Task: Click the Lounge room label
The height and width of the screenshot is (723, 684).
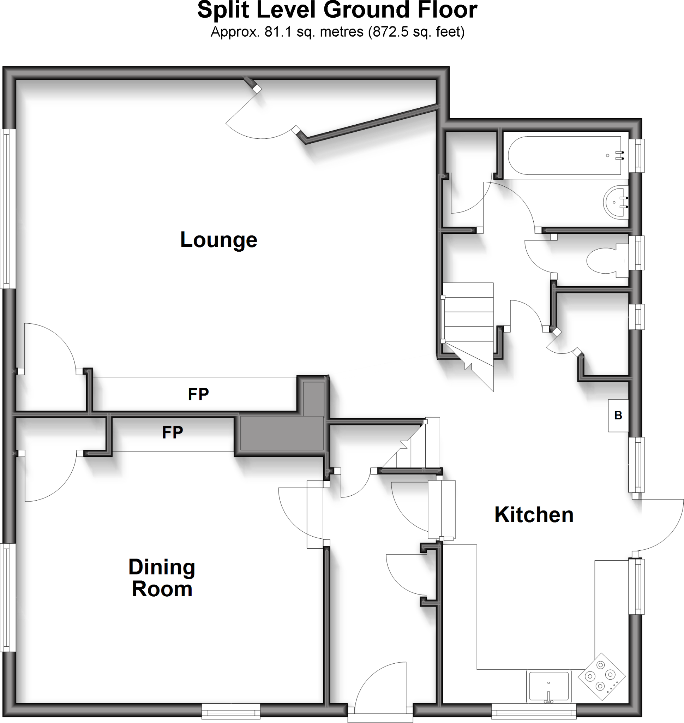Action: coord(219,240)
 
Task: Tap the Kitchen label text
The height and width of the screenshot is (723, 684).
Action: coord(534,515)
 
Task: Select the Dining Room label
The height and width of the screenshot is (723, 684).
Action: coord(162,578)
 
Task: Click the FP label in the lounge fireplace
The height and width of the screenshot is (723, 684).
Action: coord(198,394)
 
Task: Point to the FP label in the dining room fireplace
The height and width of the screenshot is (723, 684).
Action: coord(173,433)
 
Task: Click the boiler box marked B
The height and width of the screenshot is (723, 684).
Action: coord(618,416)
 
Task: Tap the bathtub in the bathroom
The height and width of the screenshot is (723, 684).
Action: coord(565,156)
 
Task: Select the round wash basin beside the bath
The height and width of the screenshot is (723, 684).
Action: coord(616,202)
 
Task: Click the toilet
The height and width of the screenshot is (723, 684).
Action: coord(605,260)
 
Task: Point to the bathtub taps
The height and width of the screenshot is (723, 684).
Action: coord(620,156)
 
